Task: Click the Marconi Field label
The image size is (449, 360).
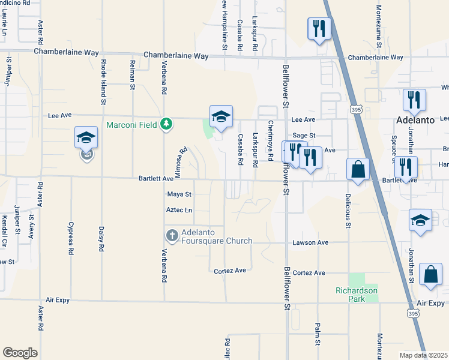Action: pos(133,125)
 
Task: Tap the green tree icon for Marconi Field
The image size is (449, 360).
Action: pos(167,124)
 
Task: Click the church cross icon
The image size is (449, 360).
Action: pos(172,235)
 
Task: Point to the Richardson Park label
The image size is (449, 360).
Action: pos(357,295)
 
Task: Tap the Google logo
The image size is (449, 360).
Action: pos(20,353)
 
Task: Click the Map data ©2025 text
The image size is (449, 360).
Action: pos(424,355)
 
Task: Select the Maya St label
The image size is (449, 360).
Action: pos(179,194)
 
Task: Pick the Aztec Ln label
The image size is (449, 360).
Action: pos(179,210)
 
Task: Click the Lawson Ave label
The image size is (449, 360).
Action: pos(310,242)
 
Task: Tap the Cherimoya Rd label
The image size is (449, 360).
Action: pos(271,140)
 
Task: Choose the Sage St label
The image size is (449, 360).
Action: pos(304,136)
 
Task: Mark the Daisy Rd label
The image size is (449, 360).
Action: pos(102,239)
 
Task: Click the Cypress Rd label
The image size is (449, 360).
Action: pos(71,239)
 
